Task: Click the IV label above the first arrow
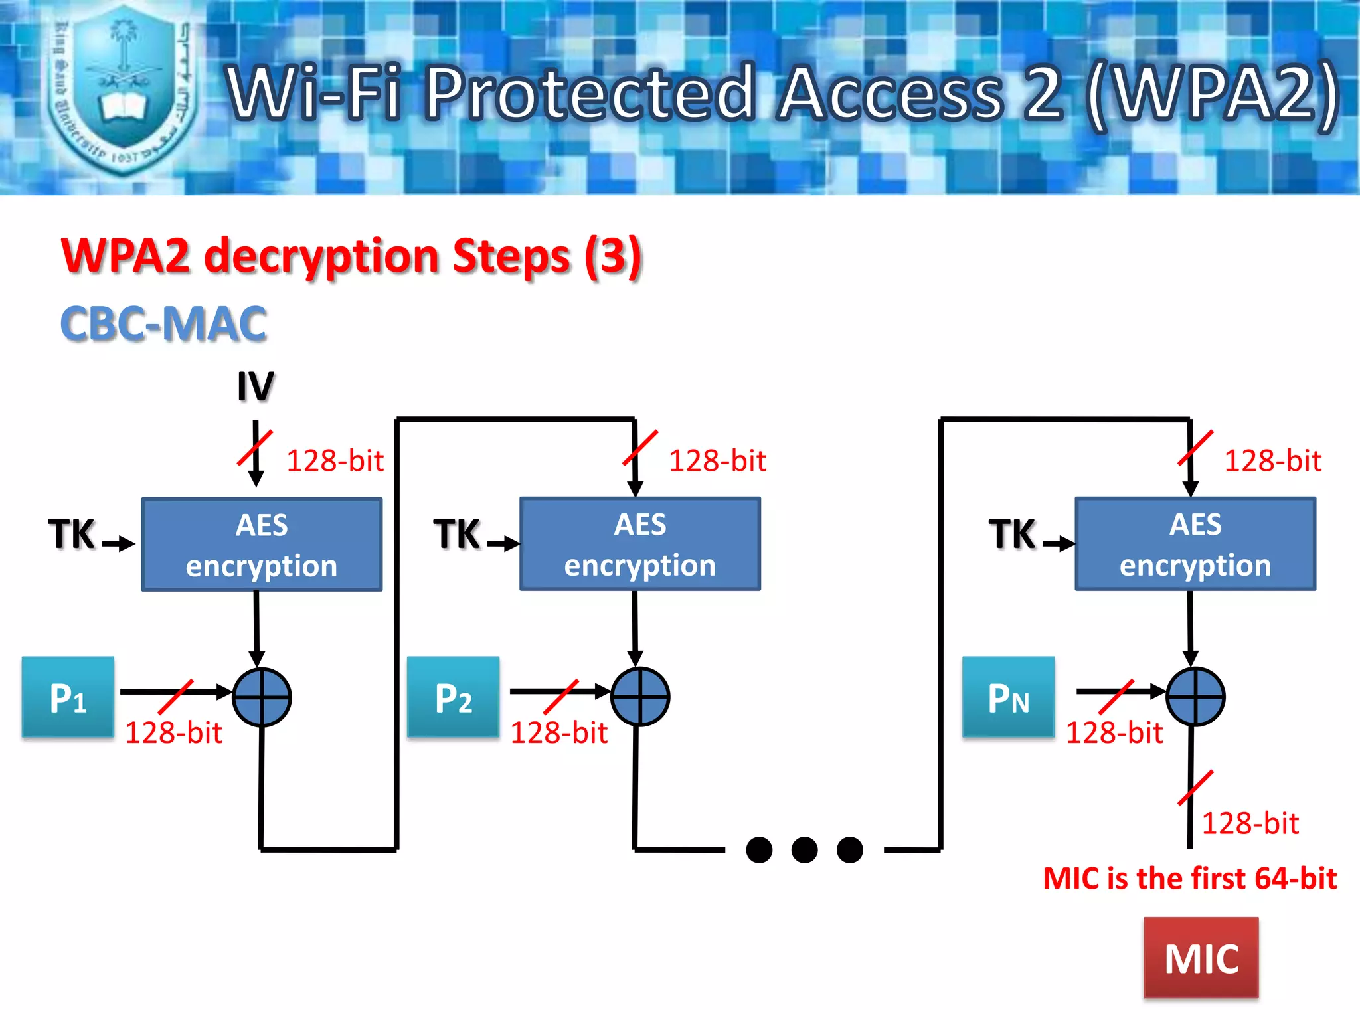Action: click(x=256, y=386)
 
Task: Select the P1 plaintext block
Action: click(x=68, y=697)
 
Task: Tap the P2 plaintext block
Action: click(x=453, y=697)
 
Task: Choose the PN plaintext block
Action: click(x=1008, y=697)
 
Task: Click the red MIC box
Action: click(x=1201, y=958)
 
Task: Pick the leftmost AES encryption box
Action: click(x=262, y=545)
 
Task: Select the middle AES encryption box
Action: click(x=639, y=544)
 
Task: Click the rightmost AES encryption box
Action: click(x=1195, y=544)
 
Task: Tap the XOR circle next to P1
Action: click(x=262, y=697)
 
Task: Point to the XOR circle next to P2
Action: click(x=639, y=697)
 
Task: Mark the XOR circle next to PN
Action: click(x=1195, y=697)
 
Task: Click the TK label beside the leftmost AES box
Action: click(x=72, y=535)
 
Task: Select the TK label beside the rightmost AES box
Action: click(x=1012, y=535)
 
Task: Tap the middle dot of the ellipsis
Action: click(x=804, y=849)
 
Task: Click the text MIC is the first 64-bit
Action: click(x=1189, y=879)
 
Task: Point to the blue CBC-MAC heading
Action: click(x=163, y=324)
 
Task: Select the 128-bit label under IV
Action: click(x=335, y=461)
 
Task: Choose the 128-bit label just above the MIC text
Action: click(x=1250, y=823)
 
